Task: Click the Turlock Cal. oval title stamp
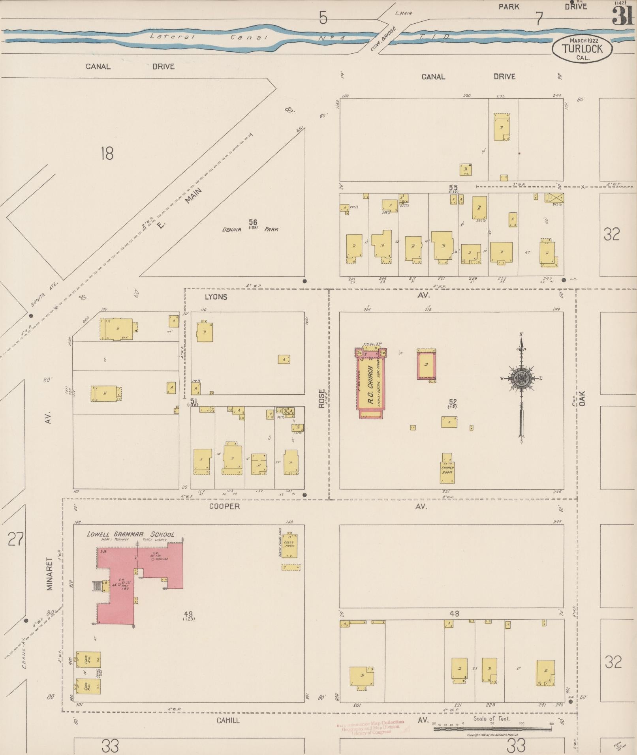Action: (583, 49)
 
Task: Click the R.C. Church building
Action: (370, 383)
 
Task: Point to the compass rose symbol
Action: (521, 378)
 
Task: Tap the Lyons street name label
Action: (216, 297)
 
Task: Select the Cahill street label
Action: (228, 720)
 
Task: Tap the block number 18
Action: (107, 153)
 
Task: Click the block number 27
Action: (16, 539)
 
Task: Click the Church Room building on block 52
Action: (447, 470)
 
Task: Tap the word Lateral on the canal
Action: (172, 37)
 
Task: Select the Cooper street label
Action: (224, 506)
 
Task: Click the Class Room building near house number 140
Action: (289, 545)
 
